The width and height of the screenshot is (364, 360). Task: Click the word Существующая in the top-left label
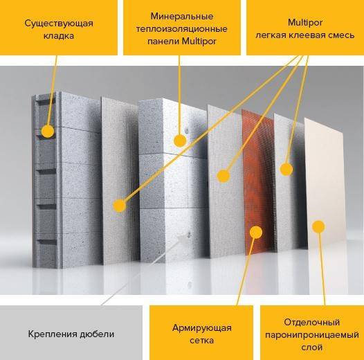(x=59, y=24)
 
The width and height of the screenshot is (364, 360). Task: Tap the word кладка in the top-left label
(x=59, y=36)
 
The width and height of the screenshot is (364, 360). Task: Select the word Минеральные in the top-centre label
(x=182, y=17)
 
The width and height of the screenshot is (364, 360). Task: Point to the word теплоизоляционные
(x=181, y=29)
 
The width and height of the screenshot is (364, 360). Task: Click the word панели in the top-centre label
(x=163, y=42)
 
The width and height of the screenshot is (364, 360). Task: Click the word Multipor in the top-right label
(x=305, y=23)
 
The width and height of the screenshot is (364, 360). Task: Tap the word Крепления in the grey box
(x=53, y=334)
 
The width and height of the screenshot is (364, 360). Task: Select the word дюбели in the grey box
(x=97, y=334)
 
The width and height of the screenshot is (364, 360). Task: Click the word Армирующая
(x=202, y=328)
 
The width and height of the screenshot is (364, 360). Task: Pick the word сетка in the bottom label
(x=202, y=341)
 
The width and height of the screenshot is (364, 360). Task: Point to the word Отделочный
(x=312, y=323)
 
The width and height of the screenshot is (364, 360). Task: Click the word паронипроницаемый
(x=312, y=335)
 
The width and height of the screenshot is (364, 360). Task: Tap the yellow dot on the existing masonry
(x=48, y=132)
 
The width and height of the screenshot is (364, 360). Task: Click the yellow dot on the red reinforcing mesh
(x=256, y=232)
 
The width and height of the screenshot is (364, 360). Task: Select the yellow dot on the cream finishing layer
(x=318, y=226)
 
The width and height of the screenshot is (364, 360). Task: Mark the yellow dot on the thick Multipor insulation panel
(x=180, y=141)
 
